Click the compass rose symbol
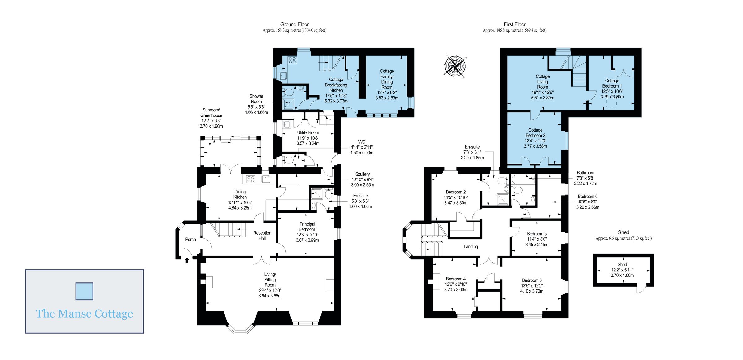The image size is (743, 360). tap(455, 66)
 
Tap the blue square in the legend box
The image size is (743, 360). tap(85, 291)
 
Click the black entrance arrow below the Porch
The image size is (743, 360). tap(187, 260)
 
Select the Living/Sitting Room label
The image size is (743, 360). tap(270, 280)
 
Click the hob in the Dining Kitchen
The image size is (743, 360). tap(251, 179)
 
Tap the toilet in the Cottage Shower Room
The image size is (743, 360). tap(289, 92)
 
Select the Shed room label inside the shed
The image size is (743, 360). tap(622, 264)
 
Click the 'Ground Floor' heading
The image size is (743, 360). tap(294, 24)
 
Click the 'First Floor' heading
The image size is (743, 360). tap(515, 24)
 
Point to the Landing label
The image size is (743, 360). tap(471, 247)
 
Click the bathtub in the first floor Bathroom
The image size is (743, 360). tap(523, 179)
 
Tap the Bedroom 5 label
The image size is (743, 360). tap(537, 234)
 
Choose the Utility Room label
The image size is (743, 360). tap(308, 132)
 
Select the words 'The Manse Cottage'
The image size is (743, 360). tap(84, 314)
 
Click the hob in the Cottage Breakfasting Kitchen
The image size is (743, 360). tap(292, 60)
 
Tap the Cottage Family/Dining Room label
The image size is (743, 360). tap(387, 79)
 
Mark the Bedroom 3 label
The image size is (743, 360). tap(532, 280)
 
